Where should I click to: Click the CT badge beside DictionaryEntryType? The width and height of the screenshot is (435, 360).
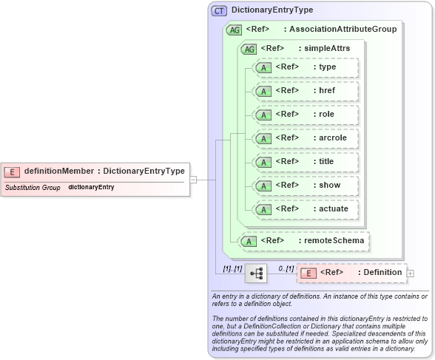[219, 10]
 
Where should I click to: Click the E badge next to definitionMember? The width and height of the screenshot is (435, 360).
[12, 171]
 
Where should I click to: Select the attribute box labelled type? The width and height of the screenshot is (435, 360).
[305, 67]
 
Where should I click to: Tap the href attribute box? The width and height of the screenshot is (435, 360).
[305, 91]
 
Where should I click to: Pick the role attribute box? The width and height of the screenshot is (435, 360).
[305, 115]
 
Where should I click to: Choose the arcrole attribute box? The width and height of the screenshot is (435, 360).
[305, 138]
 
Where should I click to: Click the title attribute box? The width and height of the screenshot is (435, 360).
[305, 162]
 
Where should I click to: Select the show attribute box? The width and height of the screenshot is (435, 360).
[305, 186]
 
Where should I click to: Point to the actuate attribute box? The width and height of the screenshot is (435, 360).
[305, 209]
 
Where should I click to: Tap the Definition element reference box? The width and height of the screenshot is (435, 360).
[351, 273]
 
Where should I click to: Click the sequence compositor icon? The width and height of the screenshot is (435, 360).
[256, 274]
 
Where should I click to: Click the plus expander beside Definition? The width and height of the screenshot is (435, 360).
[411, 274]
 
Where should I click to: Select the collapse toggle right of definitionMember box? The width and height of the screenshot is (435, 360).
[193, 179]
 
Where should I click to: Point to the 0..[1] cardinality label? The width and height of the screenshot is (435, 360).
[286, 268]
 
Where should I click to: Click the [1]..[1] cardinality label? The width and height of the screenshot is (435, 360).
[232, 268]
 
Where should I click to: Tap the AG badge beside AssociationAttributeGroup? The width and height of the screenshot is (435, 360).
[234, 30]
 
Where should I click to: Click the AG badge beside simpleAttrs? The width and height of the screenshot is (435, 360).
[249, 49]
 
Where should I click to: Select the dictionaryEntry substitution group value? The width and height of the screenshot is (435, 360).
[91, 188]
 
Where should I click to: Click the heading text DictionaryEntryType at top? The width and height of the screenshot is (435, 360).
[272, 10]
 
